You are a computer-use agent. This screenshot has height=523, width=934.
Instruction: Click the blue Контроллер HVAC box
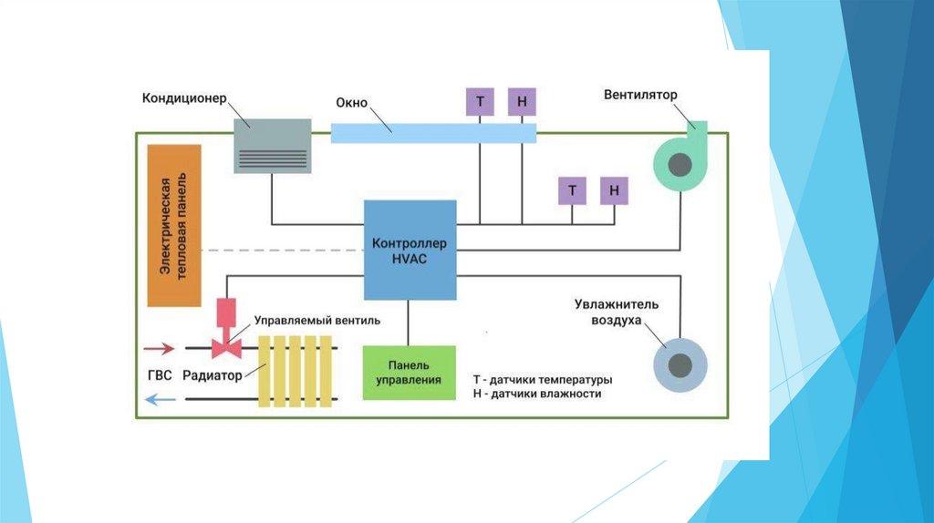point(410,251)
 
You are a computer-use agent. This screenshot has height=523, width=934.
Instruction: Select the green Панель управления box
point(408,372)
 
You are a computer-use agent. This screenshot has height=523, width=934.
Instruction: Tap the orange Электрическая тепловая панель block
point(173,224)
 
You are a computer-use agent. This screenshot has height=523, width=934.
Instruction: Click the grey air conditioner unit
point(272,145)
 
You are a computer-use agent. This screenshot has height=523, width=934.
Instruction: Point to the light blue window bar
point(432,132)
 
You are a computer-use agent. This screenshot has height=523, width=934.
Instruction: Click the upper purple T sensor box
point(480,101)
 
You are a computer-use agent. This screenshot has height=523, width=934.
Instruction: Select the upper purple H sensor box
point(522,101)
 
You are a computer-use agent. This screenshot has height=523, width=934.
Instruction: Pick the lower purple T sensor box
point(572,190)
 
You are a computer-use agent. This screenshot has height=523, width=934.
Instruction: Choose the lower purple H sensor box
point(614,190)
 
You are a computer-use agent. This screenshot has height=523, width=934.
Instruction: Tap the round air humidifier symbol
point(680,364)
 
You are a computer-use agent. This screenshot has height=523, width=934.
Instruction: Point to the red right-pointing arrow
point(160,347)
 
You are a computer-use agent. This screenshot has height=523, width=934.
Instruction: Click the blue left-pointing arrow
point(160,398)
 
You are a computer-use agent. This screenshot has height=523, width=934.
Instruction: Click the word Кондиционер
point(183,97)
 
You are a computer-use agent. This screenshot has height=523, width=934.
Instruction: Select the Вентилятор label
point(640,95)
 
